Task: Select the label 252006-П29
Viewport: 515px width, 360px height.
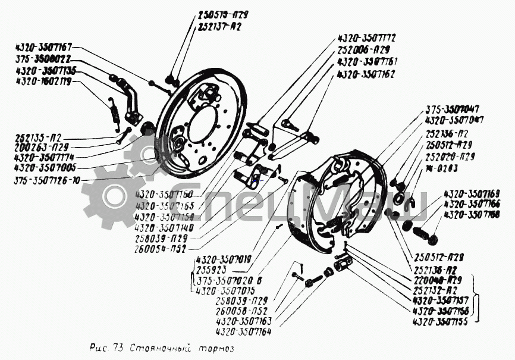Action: pyautogui.click(x=363, y=49)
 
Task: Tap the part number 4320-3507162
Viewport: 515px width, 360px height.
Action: pyautogui.click(x=366, y=74)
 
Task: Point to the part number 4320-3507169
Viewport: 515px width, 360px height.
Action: pyautogui.click(x=472, y=193)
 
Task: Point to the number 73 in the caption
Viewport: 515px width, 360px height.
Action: pyautogui.click(x=115, y=348)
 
